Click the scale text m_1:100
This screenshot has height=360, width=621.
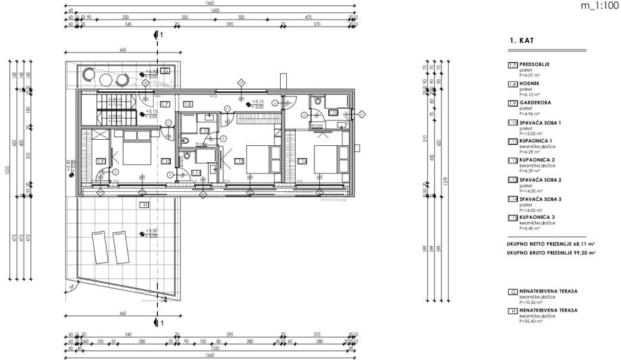(x=599, y=6)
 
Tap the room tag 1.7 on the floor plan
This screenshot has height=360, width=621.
(x=164, y=103)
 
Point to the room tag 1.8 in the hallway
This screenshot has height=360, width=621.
(x=188, y=103)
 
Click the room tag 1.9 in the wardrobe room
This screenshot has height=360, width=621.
(x=101, y=161)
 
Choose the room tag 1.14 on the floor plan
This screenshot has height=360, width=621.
(x=302, y=161)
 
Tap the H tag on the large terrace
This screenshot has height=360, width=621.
(x=144, y=205)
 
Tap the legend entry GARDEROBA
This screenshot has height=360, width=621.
(x=533, y=103)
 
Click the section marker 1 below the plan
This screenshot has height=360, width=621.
(x=161, y=323)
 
